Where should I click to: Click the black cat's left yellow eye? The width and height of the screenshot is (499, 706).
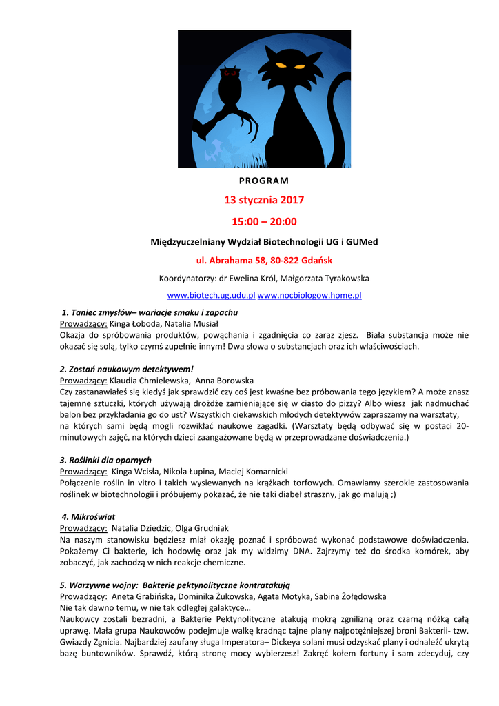[x=281, y=65]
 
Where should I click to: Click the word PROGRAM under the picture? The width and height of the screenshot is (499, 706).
[x=264, y=181]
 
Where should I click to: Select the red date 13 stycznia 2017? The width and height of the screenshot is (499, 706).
[x=264, y=201]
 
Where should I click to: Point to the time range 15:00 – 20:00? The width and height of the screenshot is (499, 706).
[x=264, y=221]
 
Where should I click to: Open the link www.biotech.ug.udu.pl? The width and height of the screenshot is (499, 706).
[x=212, y=295]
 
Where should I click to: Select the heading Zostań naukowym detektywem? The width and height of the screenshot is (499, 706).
[x=127, y=369]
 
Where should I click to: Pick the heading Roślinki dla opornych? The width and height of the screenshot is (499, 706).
[x=105, y=460]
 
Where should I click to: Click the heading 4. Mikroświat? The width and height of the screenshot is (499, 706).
[x=88, y=516]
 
